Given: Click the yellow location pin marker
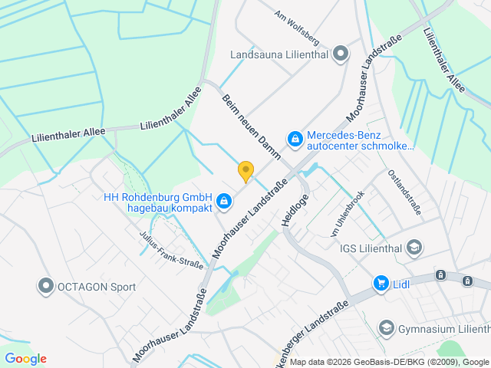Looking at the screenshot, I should click(245, 172).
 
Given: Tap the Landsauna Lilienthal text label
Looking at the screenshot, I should click(279, 54).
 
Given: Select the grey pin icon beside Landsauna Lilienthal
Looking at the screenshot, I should click(341, 54).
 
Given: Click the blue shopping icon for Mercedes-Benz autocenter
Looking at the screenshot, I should click(294, 139).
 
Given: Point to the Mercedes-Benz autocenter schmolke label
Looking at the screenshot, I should click(360, 140).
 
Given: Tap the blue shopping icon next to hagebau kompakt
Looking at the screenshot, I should click(223, 202).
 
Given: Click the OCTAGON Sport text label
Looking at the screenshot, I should click(97, 287).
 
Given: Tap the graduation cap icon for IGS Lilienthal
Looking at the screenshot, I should click(414, 247).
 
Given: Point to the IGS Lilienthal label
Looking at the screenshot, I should click(371, 247).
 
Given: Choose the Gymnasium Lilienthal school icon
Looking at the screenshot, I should click(386, 328).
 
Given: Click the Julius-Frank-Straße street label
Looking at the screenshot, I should click(171, 251).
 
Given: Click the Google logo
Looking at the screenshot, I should click(26, 359).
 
